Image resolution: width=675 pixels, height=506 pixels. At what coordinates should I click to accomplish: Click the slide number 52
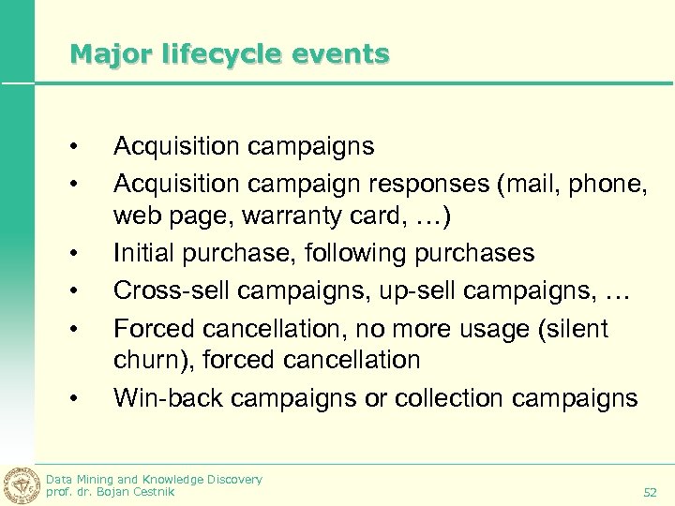click(650, 492)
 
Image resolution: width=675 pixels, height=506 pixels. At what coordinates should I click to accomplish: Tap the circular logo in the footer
click(22, 484)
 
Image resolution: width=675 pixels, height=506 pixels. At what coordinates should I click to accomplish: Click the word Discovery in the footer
click(232, 479)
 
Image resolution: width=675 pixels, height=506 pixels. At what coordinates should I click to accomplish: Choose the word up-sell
click(406, 290)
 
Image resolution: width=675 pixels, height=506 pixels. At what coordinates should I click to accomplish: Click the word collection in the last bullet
click(449, 398)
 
